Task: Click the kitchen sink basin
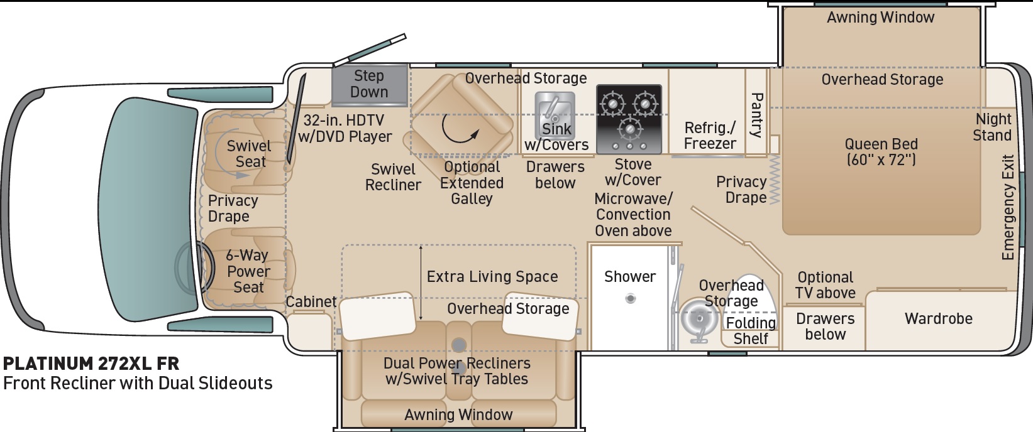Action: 555,115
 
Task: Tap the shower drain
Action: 631,298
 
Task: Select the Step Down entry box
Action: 370,85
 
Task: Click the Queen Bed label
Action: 881,151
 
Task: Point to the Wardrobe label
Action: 939,318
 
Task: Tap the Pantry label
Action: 757,115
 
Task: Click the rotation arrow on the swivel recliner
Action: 460,130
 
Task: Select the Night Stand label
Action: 992,127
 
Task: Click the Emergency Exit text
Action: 1008,207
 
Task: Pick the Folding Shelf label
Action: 751,331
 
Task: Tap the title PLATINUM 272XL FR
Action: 91,364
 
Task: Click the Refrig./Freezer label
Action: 710,136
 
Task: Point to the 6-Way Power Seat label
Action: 248,271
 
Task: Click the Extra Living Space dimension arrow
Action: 421,283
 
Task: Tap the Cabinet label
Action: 311,301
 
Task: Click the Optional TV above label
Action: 826,285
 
